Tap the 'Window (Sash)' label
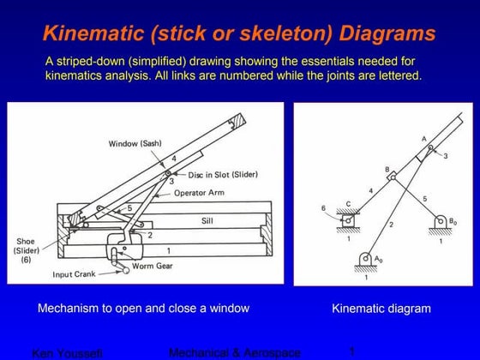135,142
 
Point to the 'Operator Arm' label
203,193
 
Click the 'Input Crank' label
75,274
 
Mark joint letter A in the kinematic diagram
423,139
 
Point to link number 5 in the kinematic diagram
423,198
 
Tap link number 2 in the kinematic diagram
390,225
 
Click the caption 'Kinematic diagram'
381,309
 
